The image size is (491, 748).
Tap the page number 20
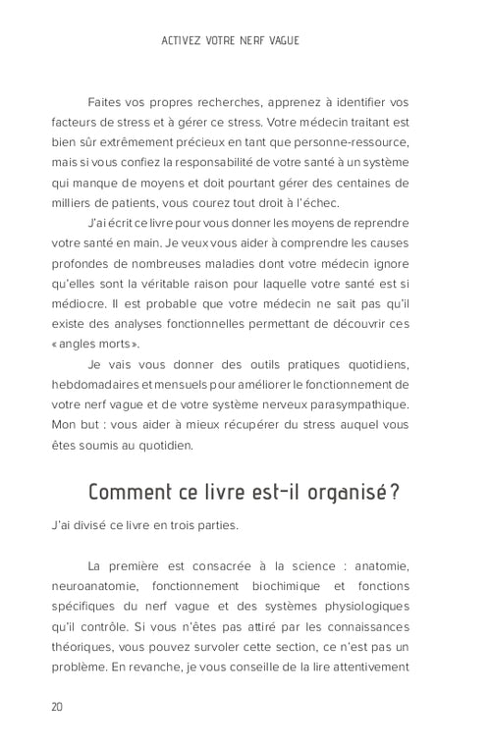click(58, 707)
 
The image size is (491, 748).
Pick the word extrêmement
click(129, 143)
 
